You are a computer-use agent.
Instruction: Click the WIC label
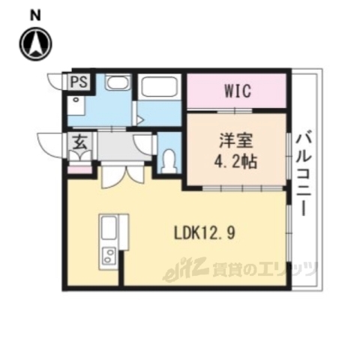pos(237,91)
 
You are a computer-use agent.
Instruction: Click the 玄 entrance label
pos(78,141)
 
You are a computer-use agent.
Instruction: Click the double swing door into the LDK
pos(122,175)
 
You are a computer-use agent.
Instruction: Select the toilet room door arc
pos(144,142)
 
